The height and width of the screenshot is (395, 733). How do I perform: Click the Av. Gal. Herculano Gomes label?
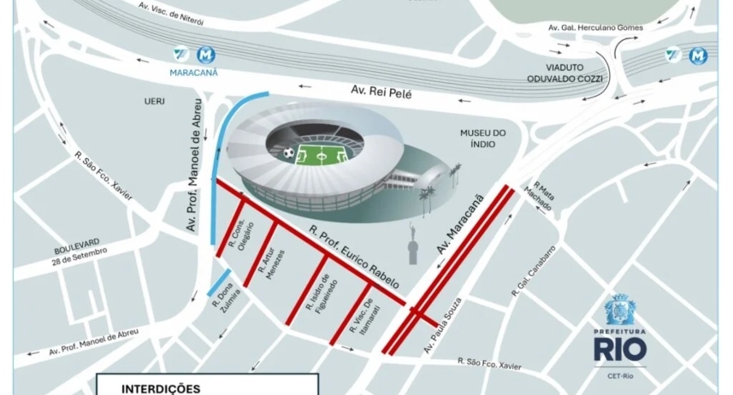point(595,28)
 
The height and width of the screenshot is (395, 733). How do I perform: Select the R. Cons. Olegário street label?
point(244,239)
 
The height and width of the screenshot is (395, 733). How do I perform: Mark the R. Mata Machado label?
point(543,196)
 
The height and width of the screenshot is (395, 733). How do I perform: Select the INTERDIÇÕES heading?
point(160,388)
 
